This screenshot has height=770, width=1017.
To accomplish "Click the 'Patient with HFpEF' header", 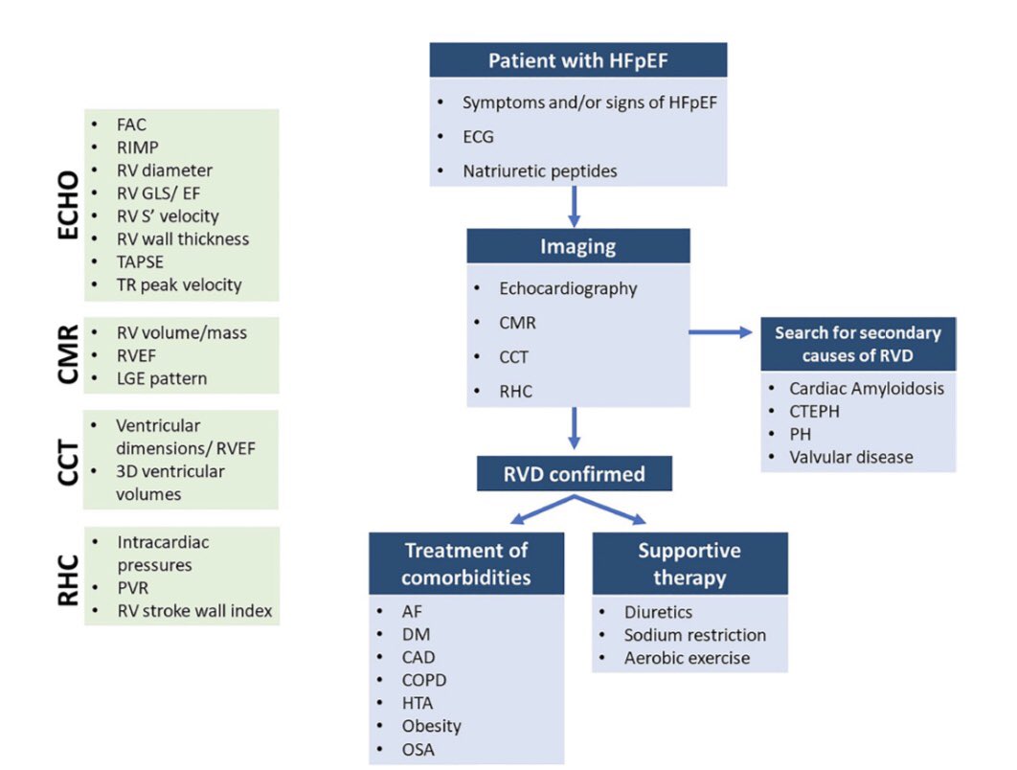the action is point(577,60).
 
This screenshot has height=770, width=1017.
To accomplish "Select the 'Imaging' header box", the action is point(577,246).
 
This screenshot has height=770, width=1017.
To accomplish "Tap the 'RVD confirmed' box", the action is point(574,473).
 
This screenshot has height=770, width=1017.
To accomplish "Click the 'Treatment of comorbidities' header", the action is point(466,563).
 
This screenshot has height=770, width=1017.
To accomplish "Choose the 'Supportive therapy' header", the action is point(689,563).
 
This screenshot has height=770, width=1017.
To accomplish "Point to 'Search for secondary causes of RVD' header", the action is point(857,344).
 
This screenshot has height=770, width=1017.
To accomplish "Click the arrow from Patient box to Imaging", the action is point(574,206).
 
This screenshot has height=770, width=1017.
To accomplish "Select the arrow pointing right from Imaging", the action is point(720,332).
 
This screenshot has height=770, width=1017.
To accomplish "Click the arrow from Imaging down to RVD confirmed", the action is point(574,428).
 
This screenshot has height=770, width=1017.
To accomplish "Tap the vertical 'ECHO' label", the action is point(68,205).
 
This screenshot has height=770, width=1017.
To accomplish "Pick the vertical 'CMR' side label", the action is point(68,354).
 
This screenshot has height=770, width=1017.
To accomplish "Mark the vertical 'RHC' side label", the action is point(68,580).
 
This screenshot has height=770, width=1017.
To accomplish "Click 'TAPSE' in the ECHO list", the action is point(140,262).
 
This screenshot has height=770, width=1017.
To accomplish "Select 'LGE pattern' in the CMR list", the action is point(162,379).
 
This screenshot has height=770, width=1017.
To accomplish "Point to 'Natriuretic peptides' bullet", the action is point(540,171).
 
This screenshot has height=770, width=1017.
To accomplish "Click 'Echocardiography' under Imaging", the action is point(568,288).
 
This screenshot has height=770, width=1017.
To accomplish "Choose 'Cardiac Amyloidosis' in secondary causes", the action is point(867,389).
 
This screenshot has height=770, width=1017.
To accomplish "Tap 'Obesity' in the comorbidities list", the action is point(431,726).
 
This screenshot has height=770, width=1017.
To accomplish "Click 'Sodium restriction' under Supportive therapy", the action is point(694,635).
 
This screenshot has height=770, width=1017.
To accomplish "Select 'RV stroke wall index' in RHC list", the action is point(194,611).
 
